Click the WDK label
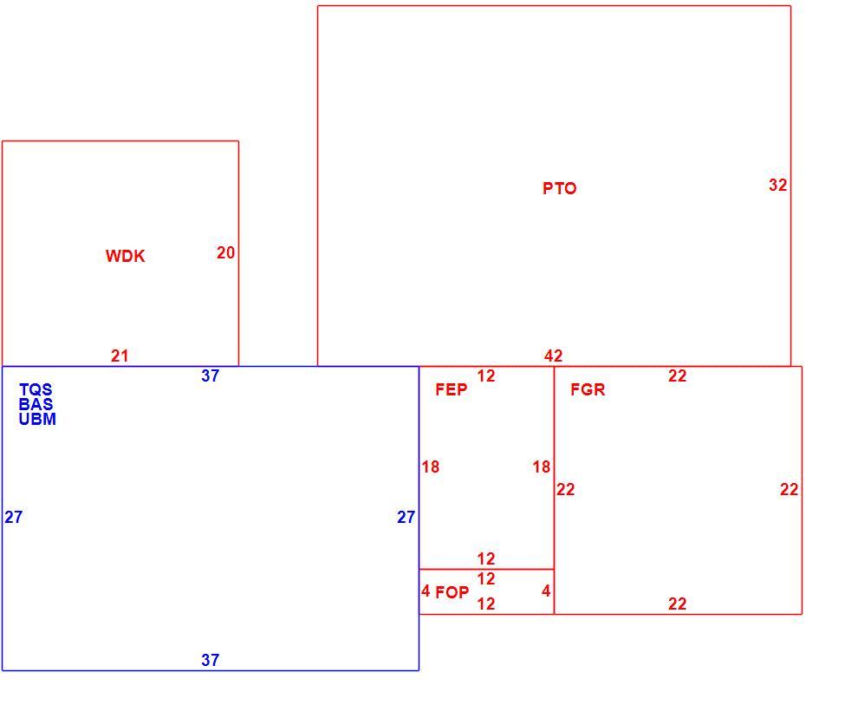pyautogui.click(x=126, y=256)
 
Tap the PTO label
pyautogui.click(x=559, y=188)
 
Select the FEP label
pyautogui.click(x=452, y=389)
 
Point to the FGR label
pyautogui.click(x=588, y=389)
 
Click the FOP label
pyautogui.click(x=452, y=592)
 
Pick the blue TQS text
pyautogui.click(x=36, y=389)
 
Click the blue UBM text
pyautogui.click(x=37, y=419)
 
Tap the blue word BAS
pyautogui.click(x=36, y=404)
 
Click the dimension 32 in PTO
pyautogui.click(x=777, y=185)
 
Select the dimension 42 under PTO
pyautogui.click(x=553, y=356)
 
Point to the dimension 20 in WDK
pyautogui.click(x=225, y=252)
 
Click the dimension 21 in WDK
pyautogui.click(x=120, y=356)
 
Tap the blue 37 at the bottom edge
pyautogui.click(x=210, y=660)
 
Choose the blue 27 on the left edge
pyautogui.click(x=14, y=517)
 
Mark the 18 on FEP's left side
pyautogui.click(x=431, y=467)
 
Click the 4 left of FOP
pyautogui.click(x=426, y=591)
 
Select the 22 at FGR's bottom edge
pyautogui.click(x=678, y=604)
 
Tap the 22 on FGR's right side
pyautogui.click(x=789, y=489)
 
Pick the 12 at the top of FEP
pyautogui.click(x=486, y=375)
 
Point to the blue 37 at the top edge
pyautogui.click(x=210, y=375)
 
